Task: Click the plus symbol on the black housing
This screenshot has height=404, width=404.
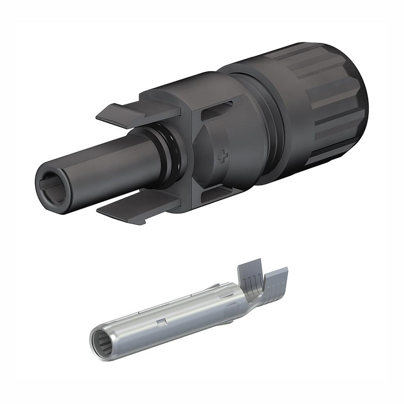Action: [222, 157]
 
